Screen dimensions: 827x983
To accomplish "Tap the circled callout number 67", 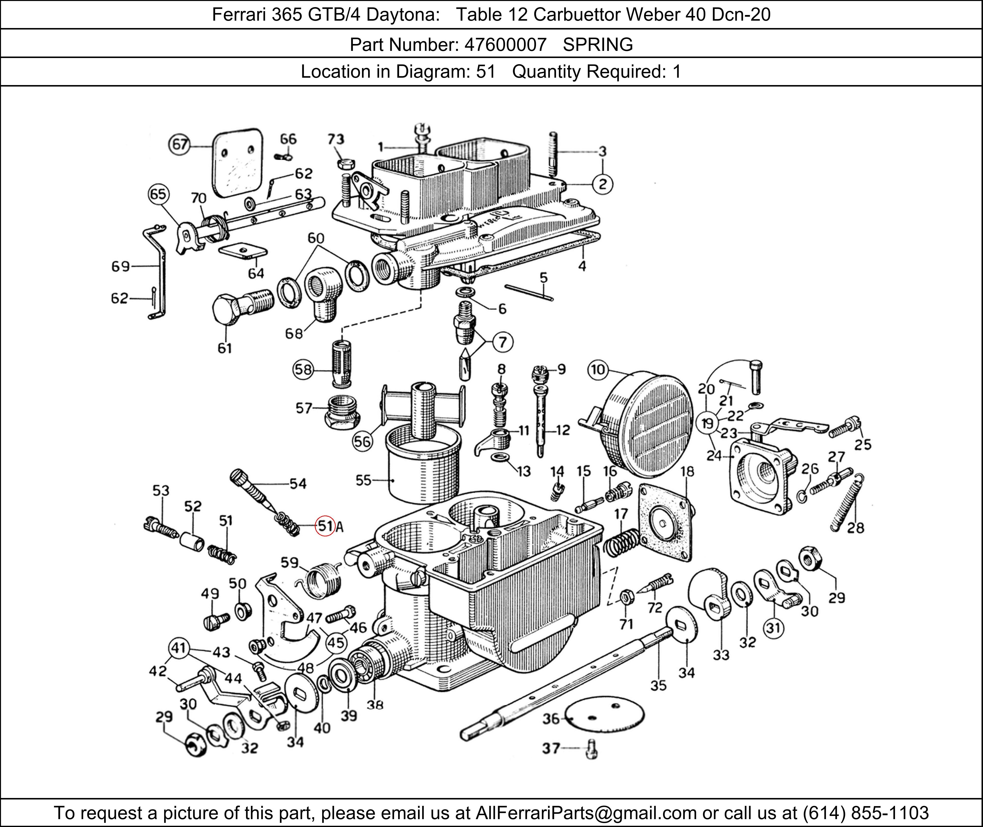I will pyautogui.click(x=179, y=144).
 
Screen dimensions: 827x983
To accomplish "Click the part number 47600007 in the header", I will pyautogui.click(x=505, y=44).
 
